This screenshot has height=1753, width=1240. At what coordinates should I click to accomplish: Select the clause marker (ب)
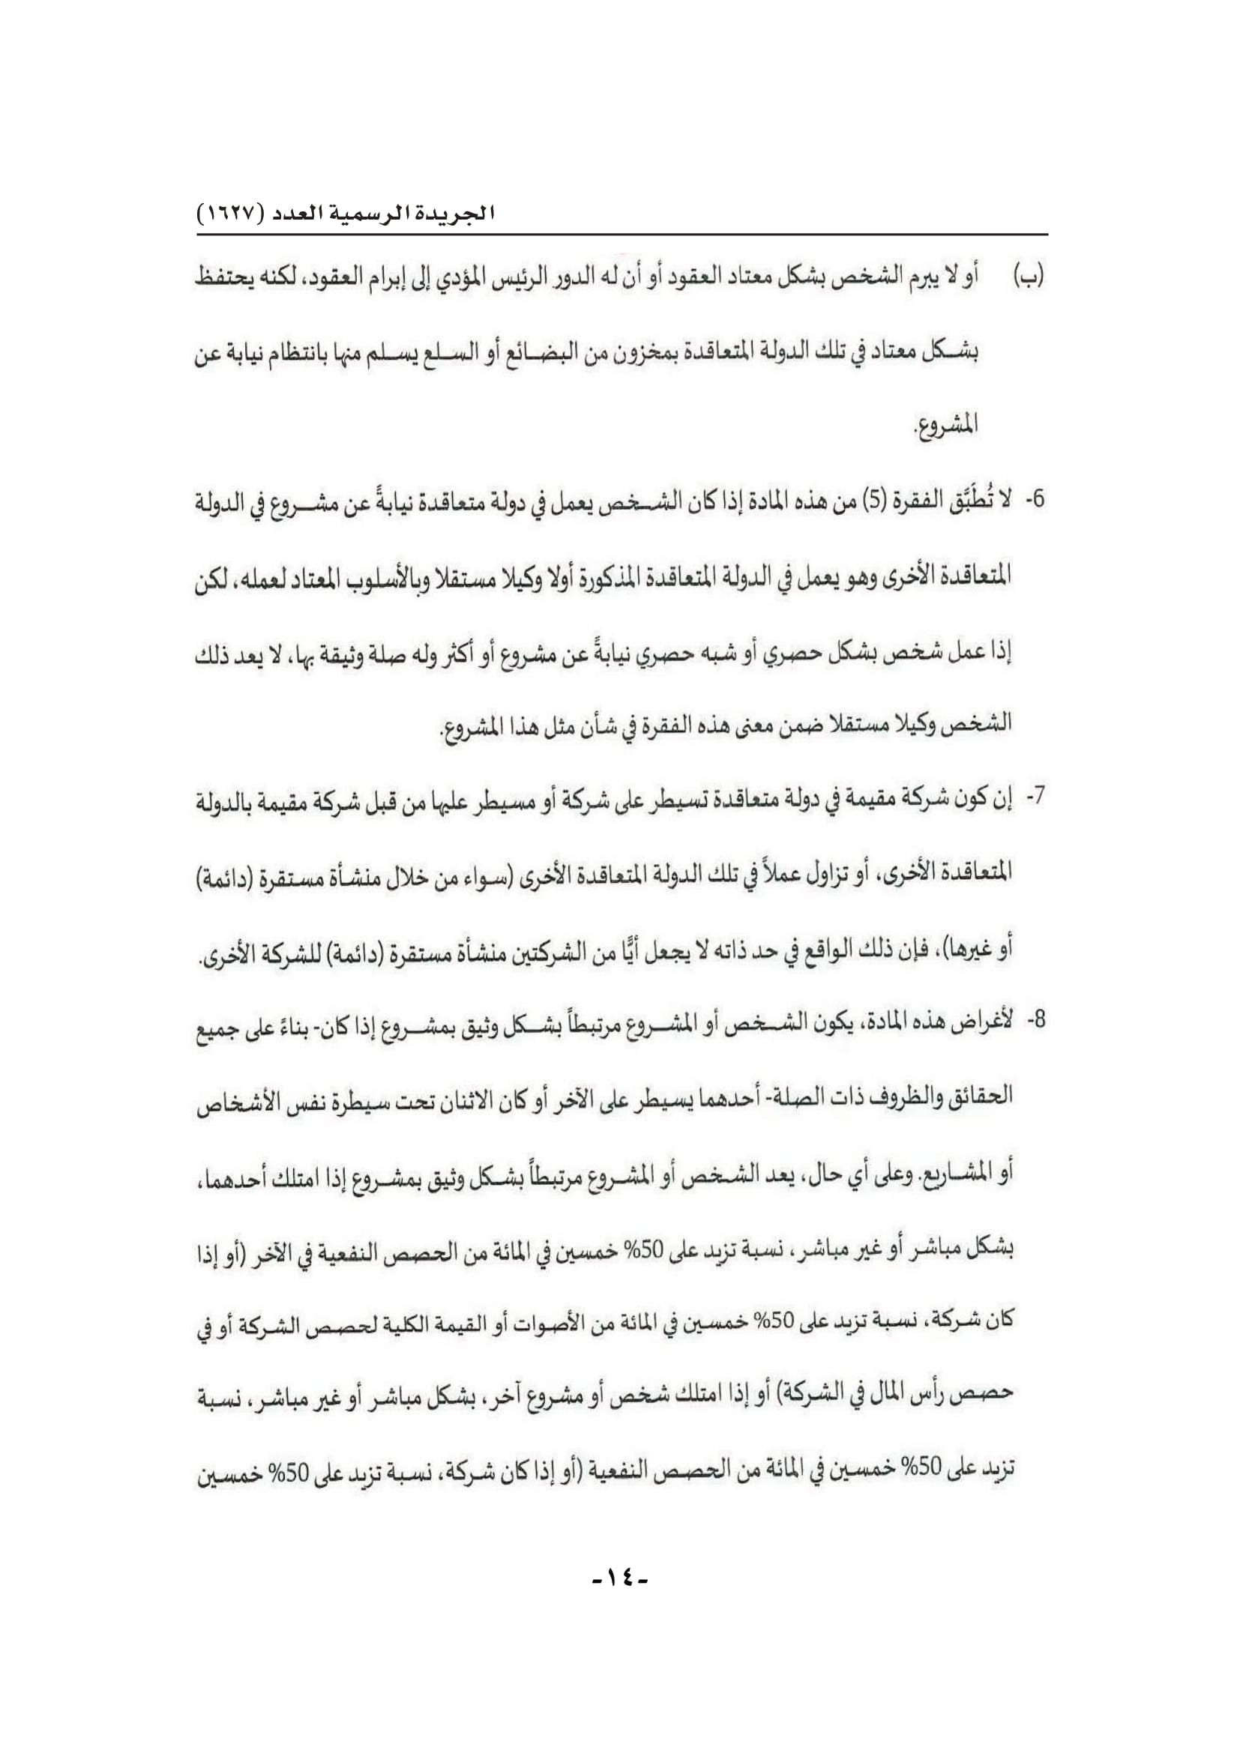[1028, 277]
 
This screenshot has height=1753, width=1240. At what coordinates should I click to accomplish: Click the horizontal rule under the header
[619, 235]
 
